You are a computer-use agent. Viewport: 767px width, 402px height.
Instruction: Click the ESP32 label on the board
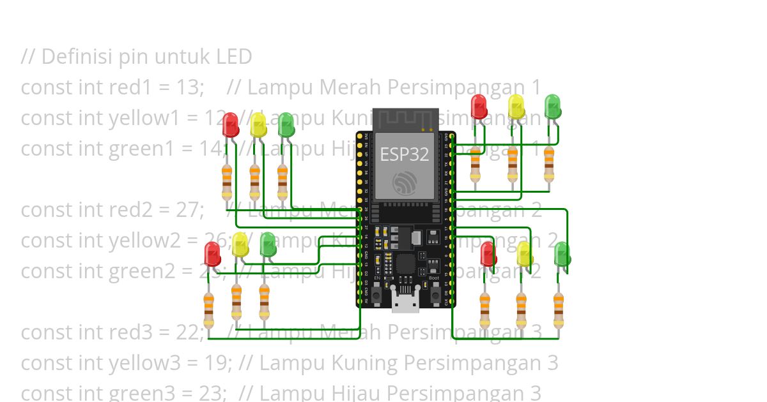(405, 154)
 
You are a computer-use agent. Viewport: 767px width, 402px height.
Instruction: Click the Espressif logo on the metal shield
(405, 184)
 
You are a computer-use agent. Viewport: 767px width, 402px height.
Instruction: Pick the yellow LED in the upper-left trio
(258, 124)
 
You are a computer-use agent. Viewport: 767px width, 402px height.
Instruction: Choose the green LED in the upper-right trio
(552, 107)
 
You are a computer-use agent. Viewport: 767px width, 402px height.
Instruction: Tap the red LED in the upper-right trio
(479, 107)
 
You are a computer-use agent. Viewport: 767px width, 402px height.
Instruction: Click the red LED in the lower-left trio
(212, 254)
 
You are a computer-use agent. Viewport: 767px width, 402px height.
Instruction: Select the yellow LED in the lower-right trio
(525, 254)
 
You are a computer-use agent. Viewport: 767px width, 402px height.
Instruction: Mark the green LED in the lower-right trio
(562, 254)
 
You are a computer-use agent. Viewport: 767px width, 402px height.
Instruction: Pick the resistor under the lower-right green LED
(559, 313)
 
